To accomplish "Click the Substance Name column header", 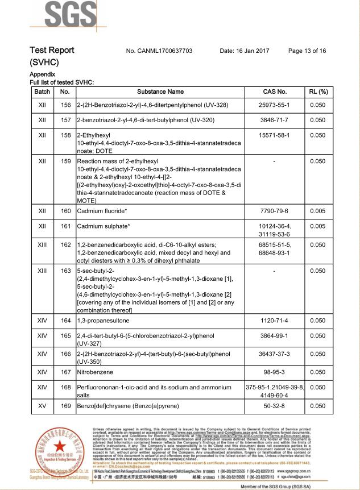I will point(160,92).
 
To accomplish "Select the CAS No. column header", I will point(275,92).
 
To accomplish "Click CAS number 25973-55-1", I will point(275,105).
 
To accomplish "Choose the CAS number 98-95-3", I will point(275,372).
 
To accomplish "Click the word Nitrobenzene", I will point(95,372).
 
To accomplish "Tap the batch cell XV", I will point(42,406).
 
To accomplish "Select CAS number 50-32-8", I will point(275,406).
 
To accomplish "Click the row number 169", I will point(65,406).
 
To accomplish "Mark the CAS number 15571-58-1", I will point(275,135).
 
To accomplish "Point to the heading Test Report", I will point(52,50).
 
